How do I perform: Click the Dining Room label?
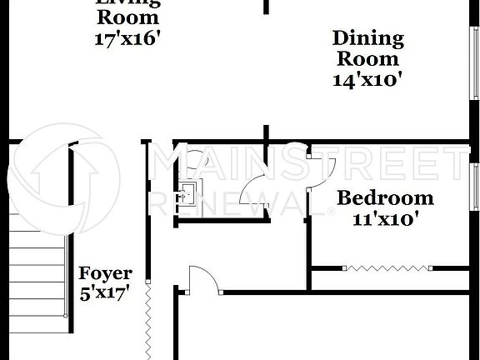[367, 48]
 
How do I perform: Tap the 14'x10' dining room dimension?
[367, 80]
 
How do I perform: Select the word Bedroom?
[385, 198]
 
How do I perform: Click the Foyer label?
[105, 273]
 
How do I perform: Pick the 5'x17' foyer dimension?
[105, 293]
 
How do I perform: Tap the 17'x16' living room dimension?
[127, 37]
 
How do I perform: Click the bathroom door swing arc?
[251, 193]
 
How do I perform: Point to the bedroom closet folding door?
[387, 268]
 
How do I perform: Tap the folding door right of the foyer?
[149, 321]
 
